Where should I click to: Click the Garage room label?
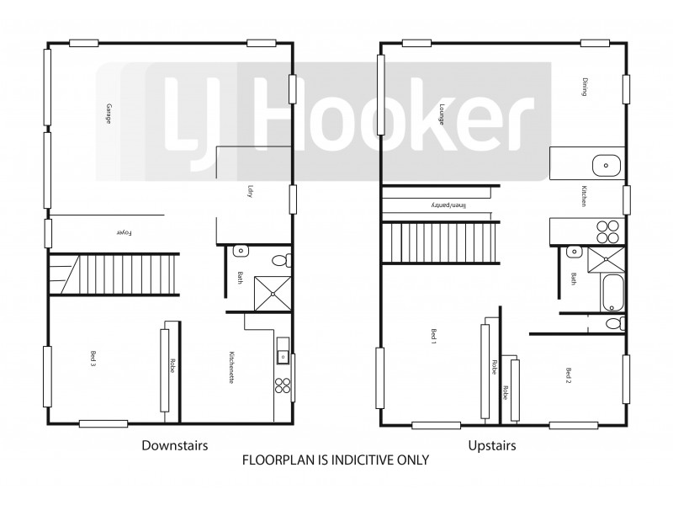pyautogui.click(x=109, y=114)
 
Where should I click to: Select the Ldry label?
pyautogui.click(x=250, y=191)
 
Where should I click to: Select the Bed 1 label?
pyautogui.click(x=436, y=338)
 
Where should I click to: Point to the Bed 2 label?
pyautogui.click(x=569, y=375)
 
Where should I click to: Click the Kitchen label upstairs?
pyautogui.click(x=582, y=197)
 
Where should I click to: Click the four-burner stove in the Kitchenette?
pyautogui.click(x=283, y=386)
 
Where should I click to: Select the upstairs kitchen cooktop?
pyautogui.click(x=607, y=231)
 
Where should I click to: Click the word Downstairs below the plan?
pyautogui.click(x=174, y=444)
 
